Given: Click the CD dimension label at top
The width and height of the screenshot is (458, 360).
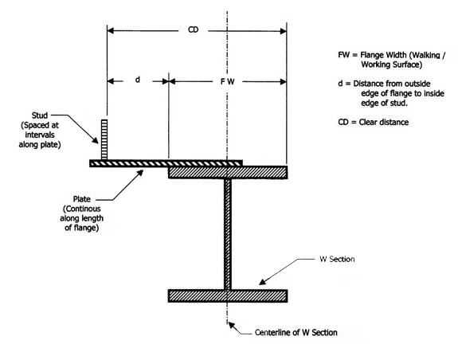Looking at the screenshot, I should (193, 30).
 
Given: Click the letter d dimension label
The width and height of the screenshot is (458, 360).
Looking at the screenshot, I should (137, 80).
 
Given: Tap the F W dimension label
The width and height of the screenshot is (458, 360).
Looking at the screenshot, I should (228, 81).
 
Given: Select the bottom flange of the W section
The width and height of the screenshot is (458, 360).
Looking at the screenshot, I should (227, 295).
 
